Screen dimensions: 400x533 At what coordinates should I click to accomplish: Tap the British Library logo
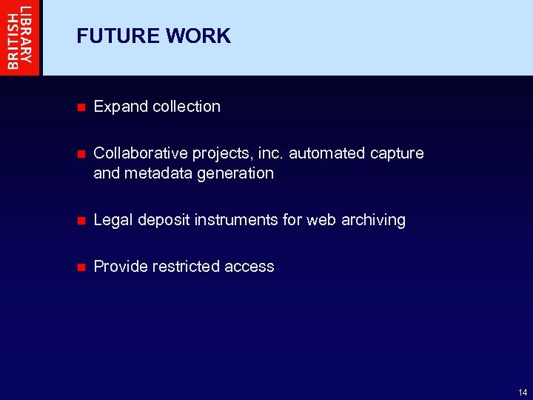20,37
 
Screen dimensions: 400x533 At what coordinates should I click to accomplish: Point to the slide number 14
523,392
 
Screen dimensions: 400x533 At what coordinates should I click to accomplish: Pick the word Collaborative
141,153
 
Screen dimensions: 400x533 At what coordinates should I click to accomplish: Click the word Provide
121,267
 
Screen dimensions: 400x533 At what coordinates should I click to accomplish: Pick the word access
249,267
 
